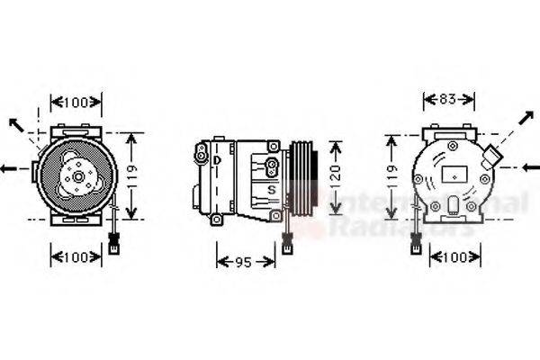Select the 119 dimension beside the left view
pyautogui.click(x=131, y=176)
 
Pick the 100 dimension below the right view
pyautogui.click(x=455, y=257)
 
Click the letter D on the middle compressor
pyautogui.click(x=217, y=160)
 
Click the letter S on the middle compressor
pyautogui.click(x=271, y=190)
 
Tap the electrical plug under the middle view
pyautogui.click(x=284, y=241)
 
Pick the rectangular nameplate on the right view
pyautogui.click(x=454, y=173)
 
